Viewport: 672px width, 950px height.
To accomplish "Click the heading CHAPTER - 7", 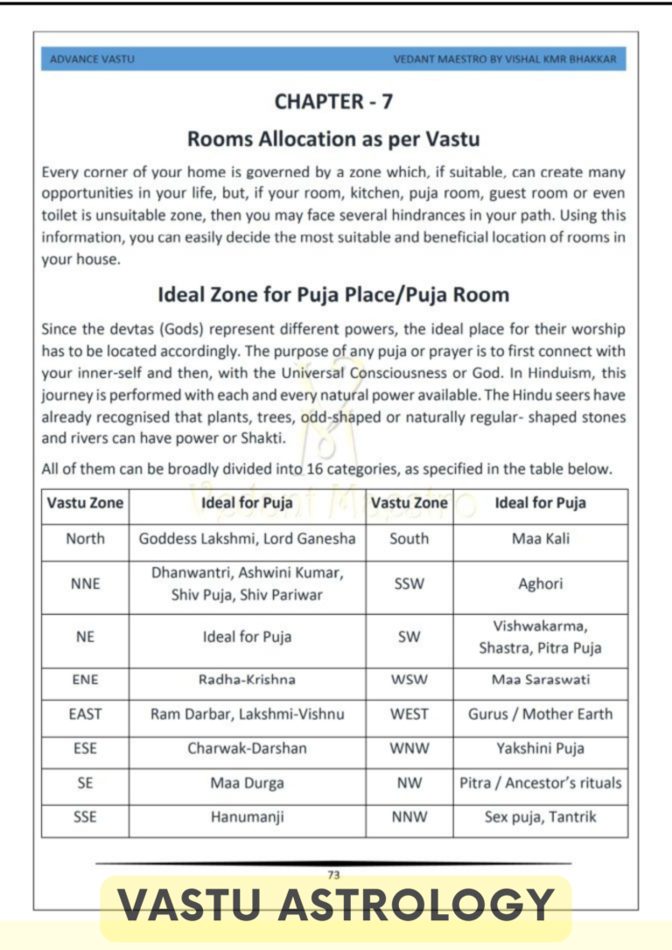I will pyautogui.click(x=333, y=101).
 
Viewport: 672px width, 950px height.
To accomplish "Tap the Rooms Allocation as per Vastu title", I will pyautogui.click(x=333, y=138).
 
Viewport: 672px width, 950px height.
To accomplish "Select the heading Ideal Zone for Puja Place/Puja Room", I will pyautogui.click(x=333, y=294).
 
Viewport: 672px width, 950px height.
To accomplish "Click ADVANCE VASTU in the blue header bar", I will pyautogui.click(x=93, y=59).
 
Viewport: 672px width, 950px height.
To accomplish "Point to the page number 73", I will pyautogui.click(x=333, y=874).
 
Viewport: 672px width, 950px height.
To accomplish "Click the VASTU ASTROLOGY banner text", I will pyautogui.click(x=336, y=905).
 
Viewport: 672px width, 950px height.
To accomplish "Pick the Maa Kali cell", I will pyautogui.click(x=540, y=539).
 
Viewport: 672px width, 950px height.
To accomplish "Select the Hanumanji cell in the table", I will pyautogui.click(x=247, y=818).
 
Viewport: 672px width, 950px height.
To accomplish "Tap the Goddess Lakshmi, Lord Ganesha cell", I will pyautogui.click(x=247, y=539).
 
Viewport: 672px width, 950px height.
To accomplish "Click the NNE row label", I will pyautogui.click(x=85, y=583).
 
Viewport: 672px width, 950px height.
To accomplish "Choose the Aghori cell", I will pyautogui.click(x=540, y=583).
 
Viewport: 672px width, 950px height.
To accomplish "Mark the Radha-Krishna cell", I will pyautogui.click(x=247, y=680).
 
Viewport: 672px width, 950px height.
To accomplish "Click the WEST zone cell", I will pyautogui.click(x=409, y=714).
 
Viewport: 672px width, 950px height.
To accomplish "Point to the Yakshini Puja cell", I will pyautogui.click(x=540, y=749).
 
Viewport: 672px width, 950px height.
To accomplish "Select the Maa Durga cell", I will pyautogui.click(x=247, y=784).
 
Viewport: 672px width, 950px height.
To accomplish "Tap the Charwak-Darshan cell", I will pyautogui.click(x=247, y=749).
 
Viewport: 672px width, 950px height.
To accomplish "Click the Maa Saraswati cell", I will pyautogui.click(x=540, y=680).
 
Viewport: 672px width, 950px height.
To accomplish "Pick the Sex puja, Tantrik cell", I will pyautogui.click(x=540, y=818).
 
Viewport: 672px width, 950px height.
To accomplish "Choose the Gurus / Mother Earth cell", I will pyautogui.click(x=540, y=714).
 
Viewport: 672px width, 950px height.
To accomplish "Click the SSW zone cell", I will pyautogui.click(x=409, y=583).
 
